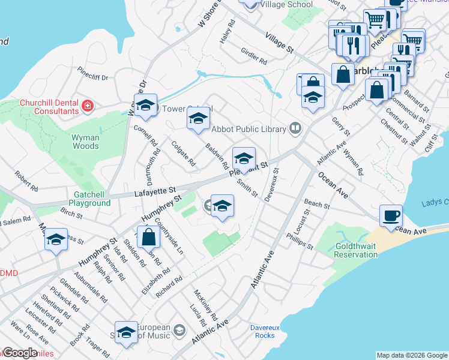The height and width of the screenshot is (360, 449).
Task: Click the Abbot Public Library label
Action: tap(249, 128)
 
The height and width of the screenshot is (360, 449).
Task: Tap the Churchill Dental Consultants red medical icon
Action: tap(88, 106)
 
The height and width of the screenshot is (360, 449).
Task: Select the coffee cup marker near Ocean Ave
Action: tap(391, 215)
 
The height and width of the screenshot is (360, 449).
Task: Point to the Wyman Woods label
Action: tap(85, 142)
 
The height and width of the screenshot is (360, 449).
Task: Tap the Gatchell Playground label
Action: tap(92, 199)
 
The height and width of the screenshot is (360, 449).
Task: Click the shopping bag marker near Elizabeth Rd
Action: tap(148, 238)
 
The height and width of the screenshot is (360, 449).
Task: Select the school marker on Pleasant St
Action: tap(244, 159)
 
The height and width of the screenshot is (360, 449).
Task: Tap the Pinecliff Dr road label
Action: tap(92, 77)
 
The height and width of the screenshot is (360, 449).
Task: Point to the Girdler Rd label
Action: tap(253, 56)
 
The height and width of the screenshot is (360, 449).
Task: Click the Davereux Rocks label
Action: tap(262, 331)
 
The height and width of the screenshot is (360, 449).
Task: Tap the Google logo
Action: tap(19, 353)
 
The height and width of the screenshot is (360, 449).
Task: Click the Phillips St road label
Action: tap(300, 241)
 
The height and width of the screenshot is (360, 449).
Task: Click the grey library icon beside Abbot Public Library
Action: tap(295, 127)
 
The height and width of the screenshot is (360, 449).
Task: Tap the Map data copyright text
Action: tap(411, 355)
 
